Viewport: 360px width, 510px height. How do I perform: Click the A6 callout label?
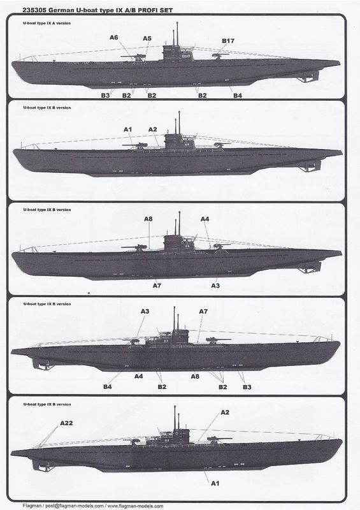(x=114, y=38)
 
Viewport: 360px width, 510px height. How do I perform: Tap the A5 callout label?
(x=147, y=38)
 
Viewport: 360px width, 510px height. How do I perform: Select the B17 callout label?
(x=228, y=41)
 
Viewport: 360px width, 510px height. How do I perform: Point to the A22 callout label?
(x=66, y=423)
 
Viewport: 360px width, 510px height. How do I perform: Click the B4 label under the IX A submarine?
(x=238, y=95)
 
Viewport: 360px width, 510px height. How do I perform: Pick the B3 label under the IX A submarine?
(x=105, y=95)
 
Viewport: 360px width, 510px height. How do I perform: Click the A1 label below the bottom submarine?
(x=215, y=483)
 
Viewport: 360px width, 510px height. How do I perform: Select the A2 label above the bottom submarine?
(x=225, y=412)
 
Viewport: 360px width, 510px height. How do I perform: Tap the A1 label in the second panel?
(x=128, y=129)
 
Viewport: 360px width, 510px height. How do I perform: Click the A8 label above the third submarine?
(x=148, y=219)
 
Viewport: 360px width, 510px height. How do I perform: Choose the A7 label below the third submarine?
(x=157, y=285)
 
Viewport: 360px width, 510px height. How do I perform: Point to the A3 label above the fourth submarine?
(x=145, y=311)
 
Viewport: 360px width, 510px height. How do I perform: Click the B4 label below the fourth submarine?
(x=108, y=386)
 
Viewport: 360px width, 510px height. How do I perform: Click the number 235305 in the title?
(x=34, y=10)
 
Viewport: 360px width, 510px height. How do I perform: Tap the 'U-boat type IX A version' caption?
(x=47, y=24)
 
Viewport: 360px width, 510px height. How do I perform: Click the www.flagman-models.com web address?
(x=135, y=506)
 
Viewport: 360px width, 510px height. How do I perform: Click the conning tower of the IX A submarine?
(x=178, y=52)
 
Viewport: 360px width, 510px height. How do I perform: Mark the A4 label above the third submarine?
(x=205, y=219)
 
